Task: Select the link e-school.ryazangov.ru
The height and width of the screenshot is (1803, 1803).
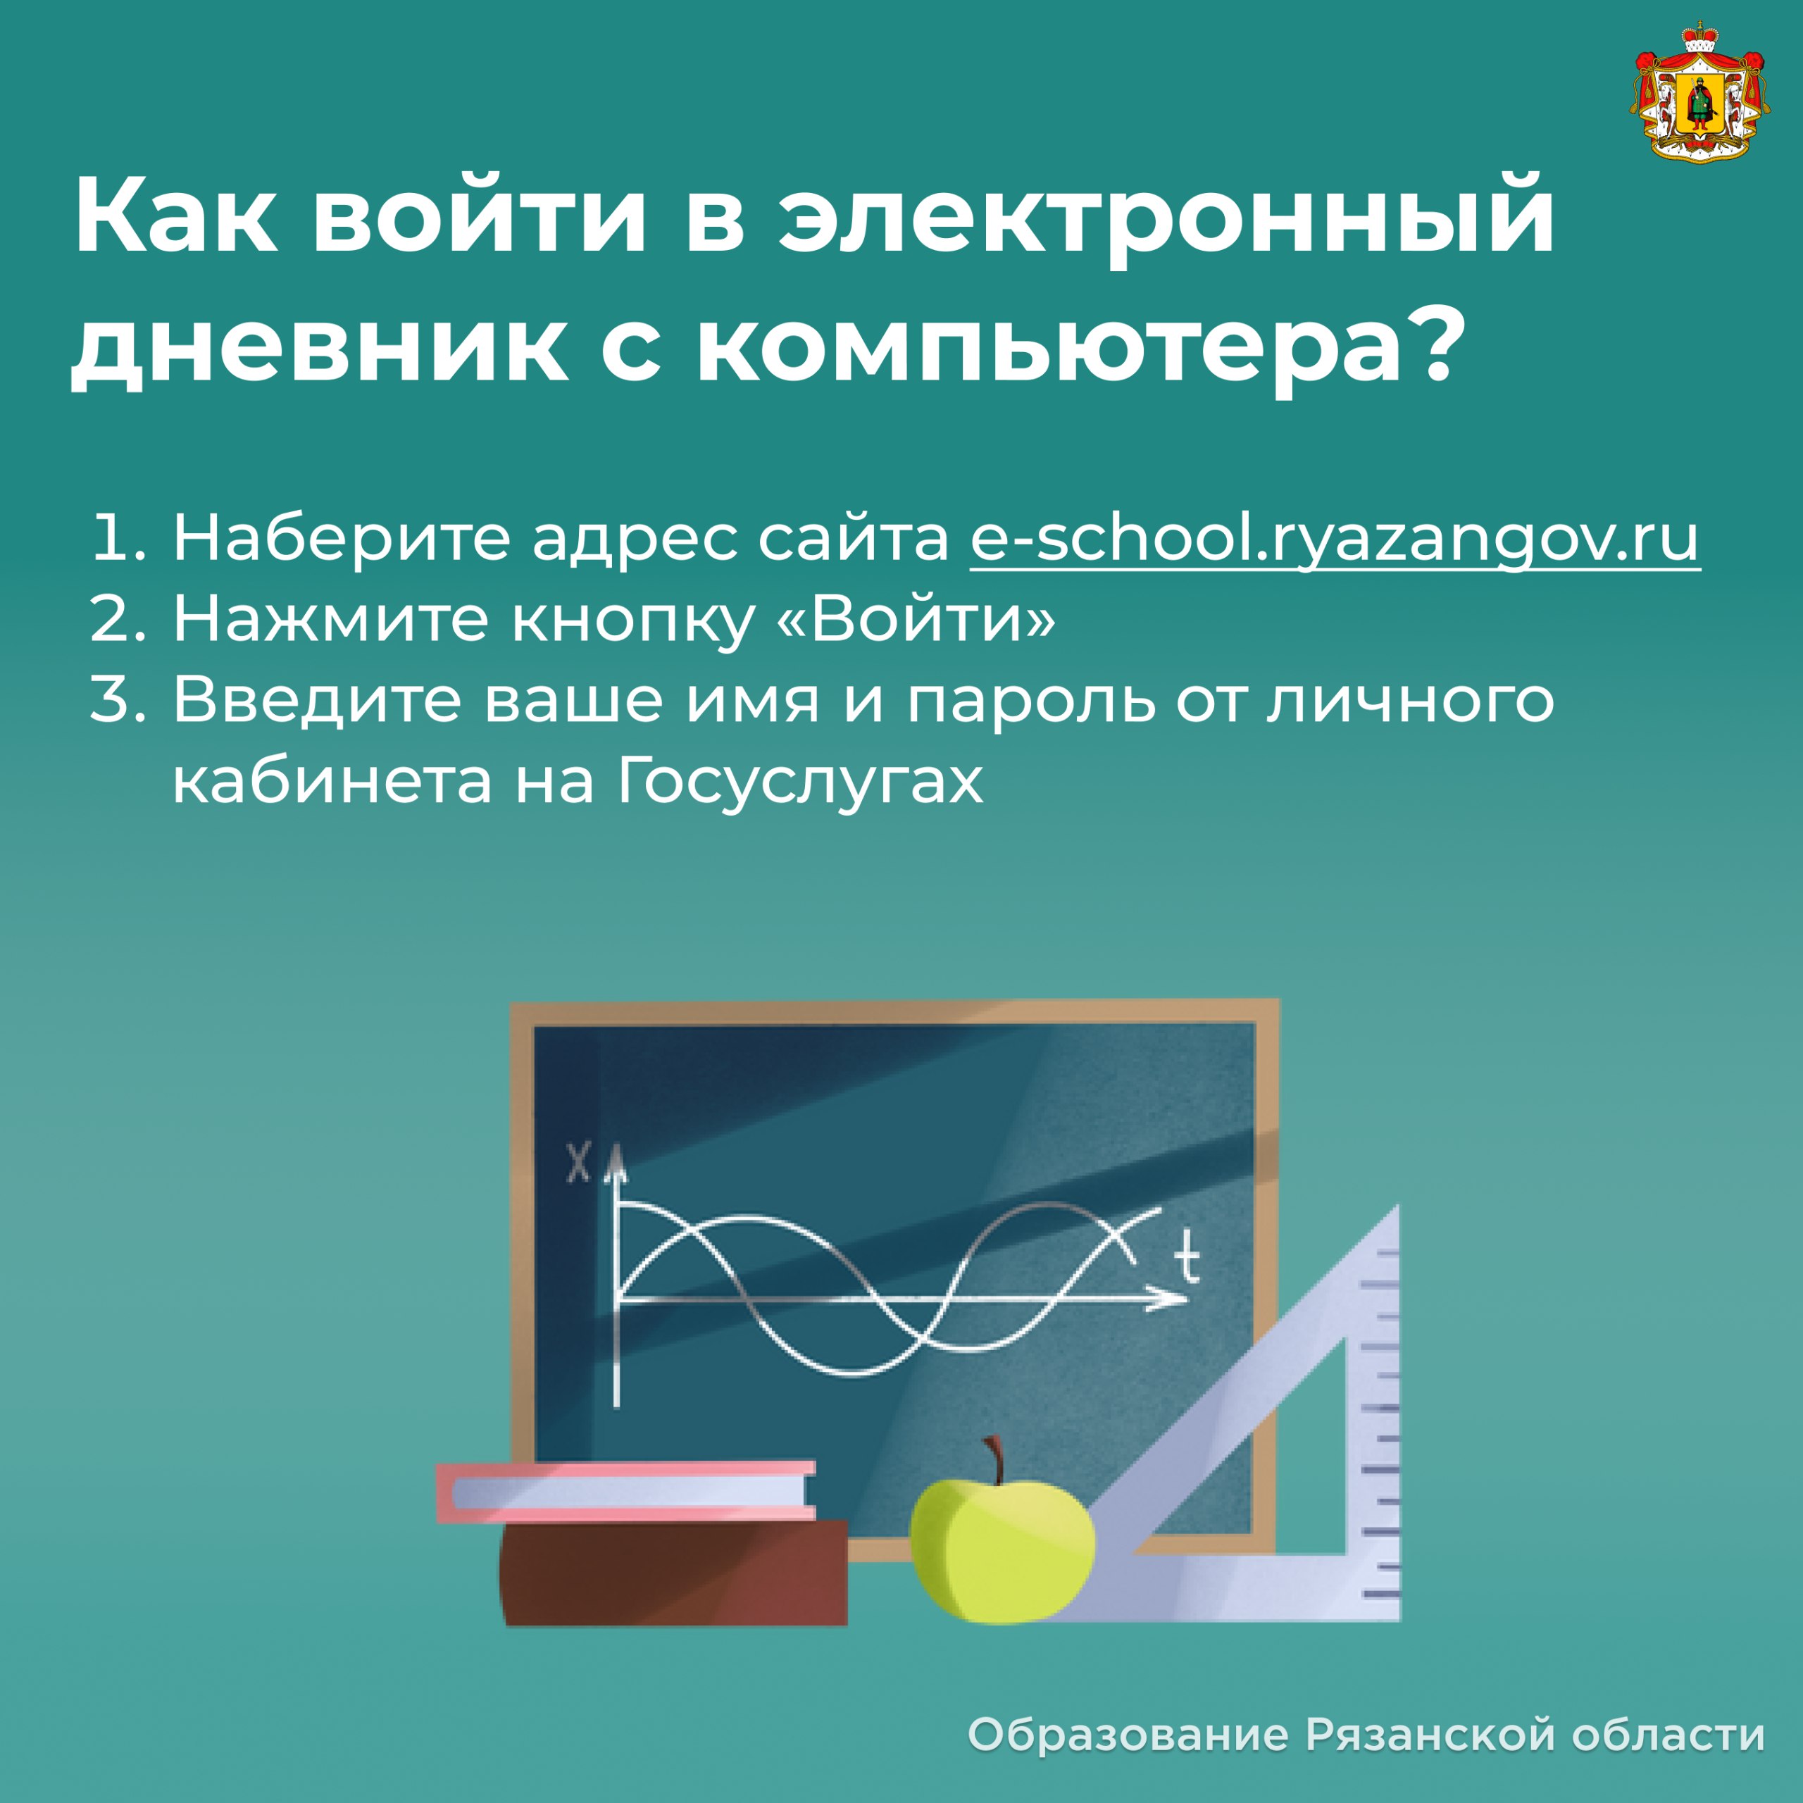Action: click(x=1335, y=540)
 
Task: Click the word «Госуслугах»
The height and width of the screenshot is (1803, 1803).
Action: click(x=801, y=782)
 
